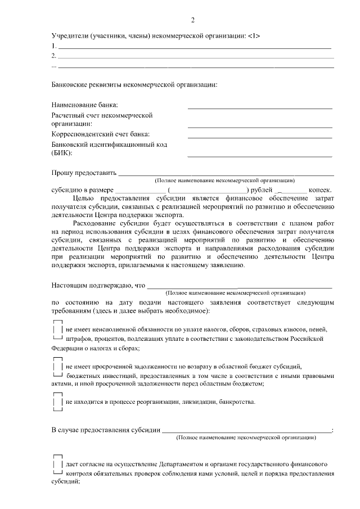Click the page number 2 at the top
coord(192,21)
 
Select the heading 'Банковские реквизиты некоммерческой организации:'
coord(134,85)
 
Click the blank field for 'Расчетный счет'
coord(259,126)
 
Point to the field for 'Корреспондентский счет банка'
coord(259,137)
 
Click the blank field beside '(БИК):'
coord(259,155)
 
